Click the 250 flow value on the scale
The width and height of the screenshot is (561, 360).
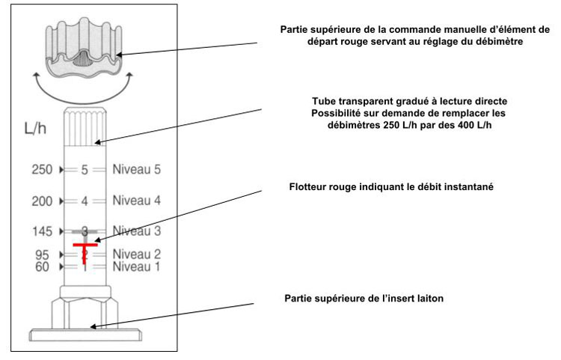pos(42,169)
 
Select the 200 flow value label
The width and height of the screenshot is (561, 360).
pos(42,201)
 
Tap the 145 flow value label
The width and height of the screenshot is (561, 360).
pos(43,231)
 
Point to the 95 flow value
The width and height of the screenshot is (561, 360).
pos(42,254)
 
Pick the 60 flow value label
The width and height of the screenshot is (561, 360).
pos(42,266)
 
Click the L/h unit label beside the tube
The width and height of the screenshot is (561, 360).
pos(35,128)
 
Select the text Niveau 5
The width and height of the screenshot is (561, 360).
pos(137,169)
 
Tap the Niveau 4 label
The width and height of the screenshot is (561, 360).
pos(137,201)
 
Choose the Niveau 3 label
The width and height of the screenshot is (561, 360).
pos(137,231)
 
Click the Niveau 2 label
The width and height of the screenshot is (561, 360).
pos(137,254)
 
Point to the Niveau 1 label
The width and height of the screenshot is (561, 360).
pos(136,266)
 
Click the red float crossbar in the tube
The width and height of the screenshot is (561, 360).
pos(85,245)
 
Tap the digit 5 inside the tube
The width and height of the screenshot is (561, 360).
pos(85,170)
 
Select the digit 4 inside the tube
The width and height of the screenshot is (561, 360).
pos(85,201)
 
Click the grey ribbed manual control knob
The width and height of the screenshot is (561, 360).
pos(84,48)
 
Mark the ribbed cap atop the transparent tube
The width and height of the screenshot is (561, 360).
pos(85,126)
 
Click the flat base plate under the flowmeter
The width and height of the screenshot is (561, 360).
pos(85,335)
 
